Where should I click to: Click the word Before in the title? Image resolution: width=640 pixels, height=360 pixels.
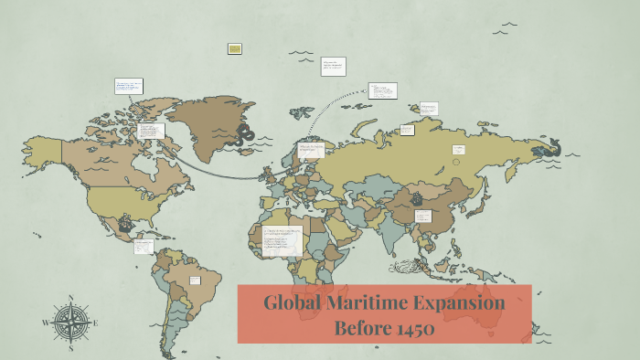point(361,329)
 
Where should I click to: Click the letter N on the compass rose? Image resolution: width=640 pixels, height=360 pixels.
point(70,298)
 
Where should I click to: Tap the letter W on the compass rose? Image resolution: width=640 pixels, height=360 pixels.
point(46,323)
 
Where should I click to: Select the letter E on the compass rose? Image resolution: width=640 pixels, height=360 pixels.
point(95,323)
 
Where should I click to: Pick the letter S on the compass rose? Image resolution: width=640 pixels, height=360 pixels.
point(70,348)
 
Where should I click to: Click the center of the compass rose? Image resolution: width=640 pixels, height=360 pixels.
point(70,323)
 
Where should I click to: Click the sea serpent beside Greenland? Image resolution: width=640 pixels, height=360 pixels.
point(244,134)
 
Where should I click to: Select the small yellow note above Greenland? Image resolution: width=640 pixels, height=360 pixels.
point(235,48)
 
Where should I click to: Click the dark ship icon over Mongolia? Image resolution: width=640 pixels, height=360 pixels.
point(417,198)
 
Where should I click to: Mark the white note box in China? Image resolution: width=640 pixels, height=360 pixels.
point(423,217)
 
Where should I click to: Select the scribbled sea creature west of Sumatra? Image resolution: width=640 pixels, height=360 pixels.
point(405,268)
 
